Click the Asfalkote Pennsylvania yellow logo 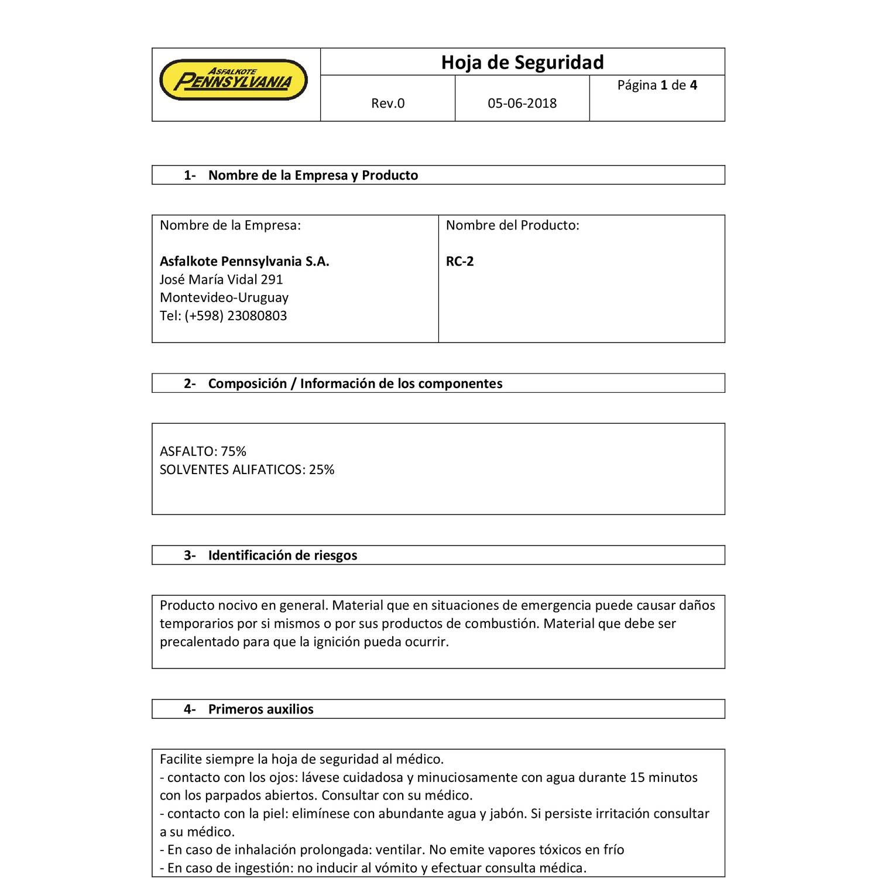coord(234,80)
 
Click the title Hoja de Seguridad coord(522,62)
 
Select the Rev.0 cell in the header coord(387,104)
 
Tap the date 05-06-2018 coord(522,104)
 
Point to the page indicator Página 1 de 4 coord(657,85)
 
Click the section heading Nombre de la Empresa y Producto coord(313,176)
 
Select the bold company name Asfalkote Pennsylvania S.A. coord(244,262)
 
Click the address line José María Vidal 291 coord(221,280)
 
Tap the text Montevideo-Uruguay coord(224,297)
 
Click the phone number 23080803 coord(257,316)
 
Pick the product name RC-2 coord(459,262)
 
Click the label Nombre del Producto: coord(512,225)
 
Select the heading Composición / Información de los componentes coord(355,384)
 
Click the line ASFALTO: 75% coord(203,451)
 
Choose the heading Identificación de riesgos coord(282,555)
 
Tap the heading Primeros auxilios coord(260,709)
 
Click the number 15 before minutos coord(637,778)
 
